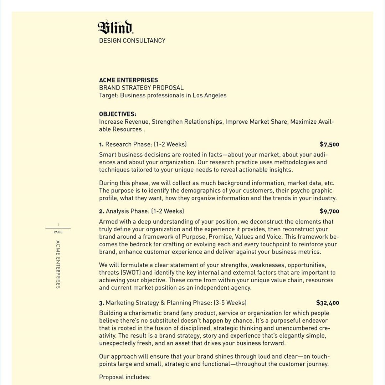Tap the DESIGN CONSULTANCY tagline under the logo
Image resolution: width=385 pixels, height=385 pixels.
pos(132,41)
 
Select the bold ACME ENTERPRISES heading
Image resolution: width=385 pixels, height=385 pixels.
pos(128,80)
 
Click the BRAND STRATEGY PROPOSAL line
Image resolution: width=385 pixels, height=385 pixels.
pos(142,88)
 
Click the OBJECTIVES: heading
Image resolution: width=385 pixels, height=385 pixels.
pos(118,114)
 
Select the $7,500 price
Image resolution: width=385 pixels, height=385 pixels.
pos(329,144)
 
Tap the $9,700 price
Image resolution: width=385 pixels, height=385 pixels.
pos(329,211)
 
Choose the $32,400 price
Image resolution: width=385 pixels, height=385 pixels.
pos(328,303)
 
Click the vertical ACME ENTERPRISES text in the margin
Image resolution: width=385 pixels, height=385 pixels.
pos(58,264)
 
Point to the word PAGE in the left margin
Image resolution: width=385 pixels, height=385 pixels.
pos(58,232)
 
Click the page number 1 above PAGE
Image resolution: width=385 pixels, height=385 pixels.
pos(58,224)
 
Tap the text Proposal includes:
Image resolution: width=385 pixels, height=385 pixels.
pos(125,377)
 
